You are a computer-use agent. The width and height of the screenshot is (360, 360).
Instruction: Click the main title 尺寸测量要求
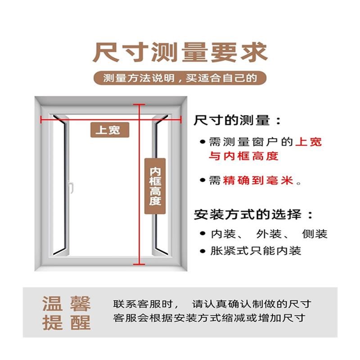(180, 53)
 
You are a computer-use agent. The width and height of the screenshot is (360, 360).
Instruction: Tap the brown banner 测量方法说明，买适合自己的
(180, 78)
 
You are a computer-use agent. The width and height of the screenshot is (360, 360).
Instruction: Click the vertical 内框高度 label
(155, 186)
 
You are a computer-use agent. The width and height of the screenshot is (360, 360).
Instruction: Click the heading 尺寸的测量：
(238, 121)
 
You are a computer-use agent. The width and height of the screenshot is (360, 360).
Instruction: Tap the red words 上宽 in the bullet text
(309, 142)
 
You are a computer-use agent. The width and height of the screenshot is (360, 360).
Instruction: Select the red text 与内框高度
(243, 156)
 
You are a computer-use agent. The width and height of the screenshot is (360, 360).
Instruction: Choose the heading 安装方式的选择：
(253, 213)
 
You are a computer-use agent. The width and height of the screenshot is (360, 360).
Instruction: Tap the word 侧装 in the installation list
(315, 234)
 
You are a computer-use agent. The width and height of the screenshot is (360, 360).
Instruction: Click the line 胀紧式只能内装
(256, 251)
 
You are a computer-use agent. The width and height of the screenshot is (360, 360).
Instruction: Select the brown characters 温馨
(67, 304)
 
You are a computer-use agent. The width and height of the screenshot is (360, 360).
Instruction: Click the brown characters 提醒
(67, 323)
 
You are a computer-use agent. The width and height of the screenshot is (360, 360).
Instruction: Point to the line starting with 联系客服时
(212, 304)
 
